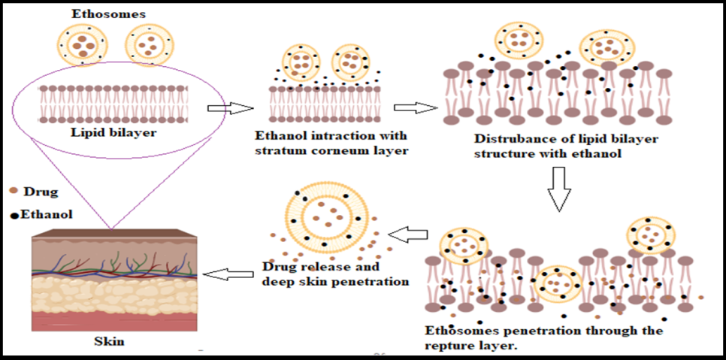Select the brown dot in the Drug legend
pyautogui.click(x=14, y=193)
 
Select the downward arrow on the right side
pyautogui.click(x=557, y=189)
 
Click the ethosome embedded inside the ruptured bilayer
pyautogui.click(x=558, y=284)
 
